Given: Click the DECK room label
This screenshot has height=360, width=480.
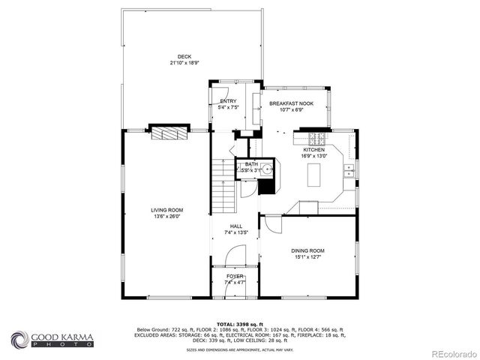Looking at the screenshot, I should pyautogui.click(x=184, y=57).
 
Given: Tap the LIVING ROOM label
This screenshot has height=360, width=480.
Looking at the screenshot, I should pyautogui.click(x=167, y=210).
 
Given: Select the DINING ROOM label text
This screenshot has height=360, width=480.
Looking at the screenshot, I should pyautogui.click(x=307, y=250).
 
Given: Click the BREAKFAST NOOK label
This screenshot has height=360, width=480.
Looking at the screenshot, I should pyautogui.click(x=292, y=103).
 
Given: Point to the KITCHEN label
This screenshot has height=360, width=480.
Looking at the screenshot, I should pyautogui.click(x=313, y=150).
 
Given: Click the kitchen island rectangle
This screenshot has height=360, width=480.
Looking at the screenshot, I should pyautogui.click(x=315, y=175).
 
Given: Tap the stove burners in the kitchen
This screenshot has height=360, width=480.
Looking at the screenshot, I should pyautogui.click(x=316, y=138).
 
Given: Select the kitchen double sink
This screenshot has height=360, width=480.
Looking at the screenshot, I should pyautogui.click(x=349, y=172).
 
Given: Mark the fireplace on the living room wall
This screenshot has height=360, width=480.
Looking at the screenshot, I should pyautogui.click(x=167, y=133).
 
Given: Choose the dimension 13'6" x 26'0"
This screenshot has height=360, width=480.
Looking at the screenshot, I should pyautogui.click(x=167, y=217).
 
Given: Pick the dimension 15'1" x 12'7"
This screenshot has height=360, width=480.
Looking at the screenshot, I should pyautogui.click(x=307, y=257).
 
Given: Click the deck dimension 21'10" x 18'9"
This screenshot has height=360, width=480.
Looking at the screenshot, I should pyautogui.click(x=184, y=64).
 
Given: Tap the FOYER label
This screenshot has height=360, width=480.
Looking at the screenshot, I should pyautogui.click(x=235, y=277).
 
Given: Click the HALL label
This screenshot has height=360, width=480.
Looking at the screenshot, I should pyautogui.click(x=236, y=226).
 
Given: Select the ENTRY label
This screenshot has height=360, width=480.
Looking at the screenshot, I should pyautogui.click(x=228, y=101).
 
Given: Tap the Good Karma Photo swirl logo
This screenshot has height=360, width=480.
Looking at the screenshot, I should pyautogui.click(x=19, y=339).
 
